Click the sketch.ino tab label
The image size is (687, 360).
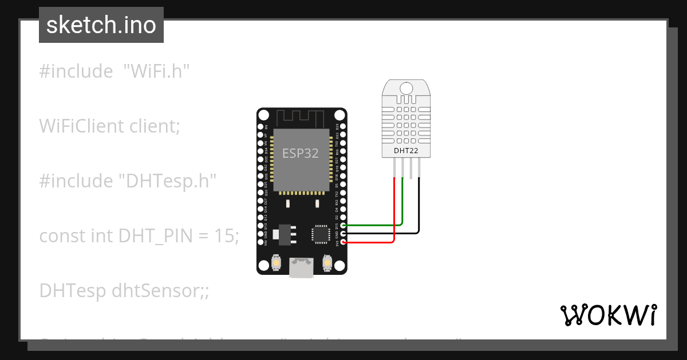tap(101, 25)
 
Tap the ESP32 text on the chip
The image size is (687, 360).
tap(300, 153)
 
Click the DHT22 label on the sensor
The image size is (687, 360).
tap(406, 151)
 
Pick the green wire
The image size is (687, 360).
tap(403, 206)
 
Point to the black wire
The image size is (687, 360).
tap(419, 211)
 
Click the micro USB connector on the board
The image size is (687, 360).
tap(302, 268)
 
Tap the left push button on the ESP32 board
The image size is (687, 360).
tap(277, 262)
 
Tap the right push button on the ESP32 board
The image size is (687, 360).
tap(327, 262)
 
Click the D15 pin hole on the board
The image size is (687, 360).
tap(343, 226)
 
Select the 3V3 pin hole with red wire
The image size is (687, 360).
tap(343, 242)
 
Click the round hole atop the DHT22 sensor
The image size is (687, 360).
tap(406, 88)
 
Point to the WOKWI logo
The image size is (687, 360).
tap(608, 315)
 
